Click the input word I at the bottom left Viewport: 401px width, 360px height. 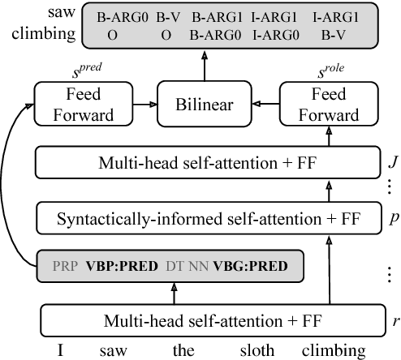click(60, 351)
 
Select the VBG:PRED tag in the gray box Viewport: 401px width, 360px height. click(251, 265)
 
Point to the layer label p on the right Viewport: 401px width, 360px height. click(393, 218)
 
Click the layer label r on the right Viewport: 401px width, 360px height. click(395, 320)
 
